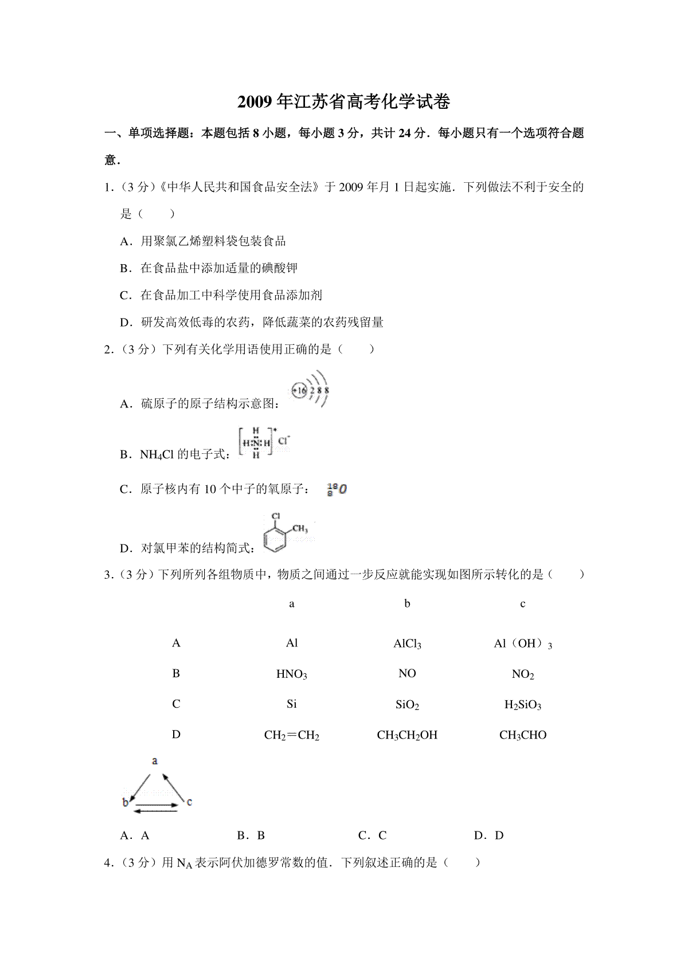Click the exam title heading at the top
pos(343,102)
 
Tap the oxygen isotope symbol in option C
pos(337,489)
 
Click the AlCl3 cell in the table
pos(407,644)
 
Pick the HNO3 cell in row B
pos(291,674)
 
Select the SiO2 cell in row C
pos(407,704)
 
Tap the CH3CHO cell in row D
pos(522,735)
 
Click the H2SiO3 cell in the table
pos(522,704)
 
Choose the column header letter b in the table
pos(407,603)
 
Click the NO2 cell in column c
pos(522,674)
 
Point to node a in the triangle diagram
pos(155,761)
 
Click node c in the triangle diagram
pos(189,802)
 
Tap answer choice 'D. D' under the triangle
pos(488,835)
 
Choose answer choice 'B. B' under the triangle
pos(251,835)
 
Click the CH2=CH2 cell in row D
pos(291,735)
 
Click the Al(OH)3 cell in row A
pos(522,644)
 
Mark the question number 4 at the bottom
pos(107,862)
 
